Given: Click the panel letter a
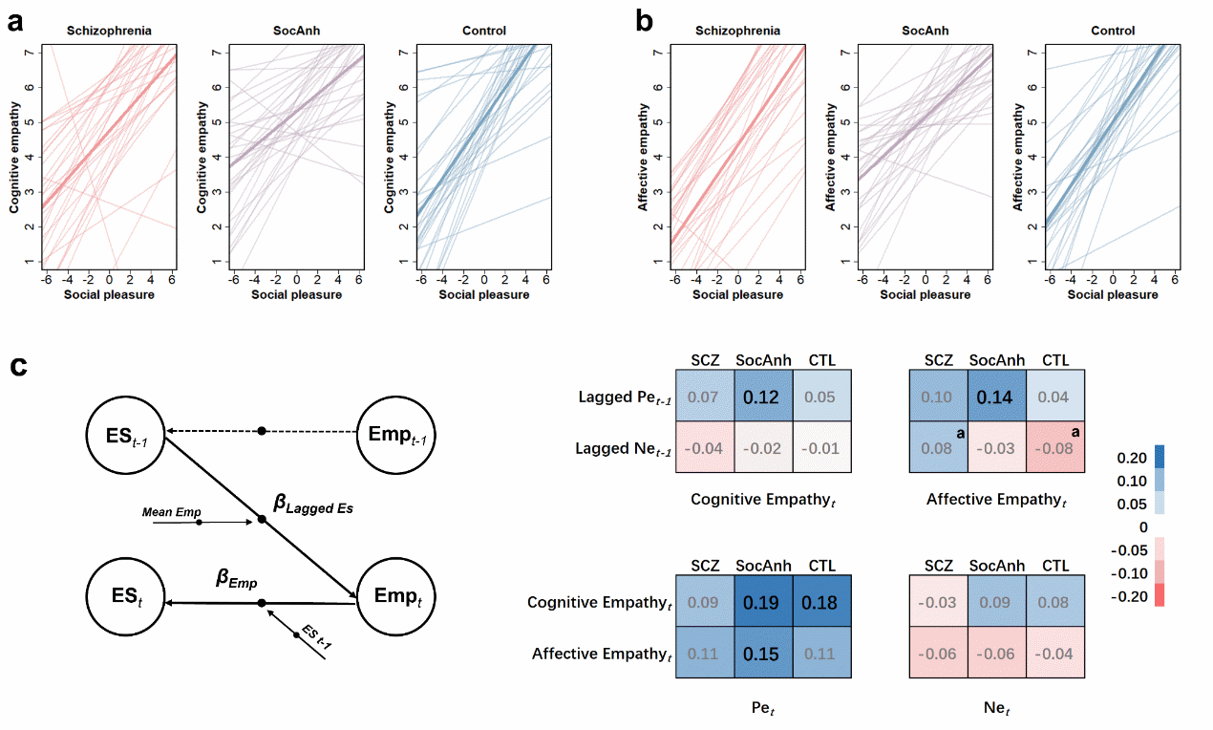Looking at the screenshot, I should click(x=15, y=21).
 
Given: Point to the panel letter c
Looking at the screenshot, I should click(x=16, y=368).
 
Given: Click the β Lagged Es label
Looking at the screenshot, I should click(x=313, y=506).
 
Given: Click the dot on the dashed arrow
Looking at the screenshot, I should click(x=262, y=431).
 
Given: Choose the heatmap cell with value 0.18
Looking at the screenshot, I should click(x=821, y=602).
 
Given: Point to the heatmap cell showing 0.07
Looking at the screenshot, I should click(x=704, y=396).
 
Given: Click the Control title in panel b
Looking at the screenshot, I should click(x=1113, y=31).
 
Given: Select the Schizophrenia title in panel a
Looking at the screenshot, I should click(x=108, y=31).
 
